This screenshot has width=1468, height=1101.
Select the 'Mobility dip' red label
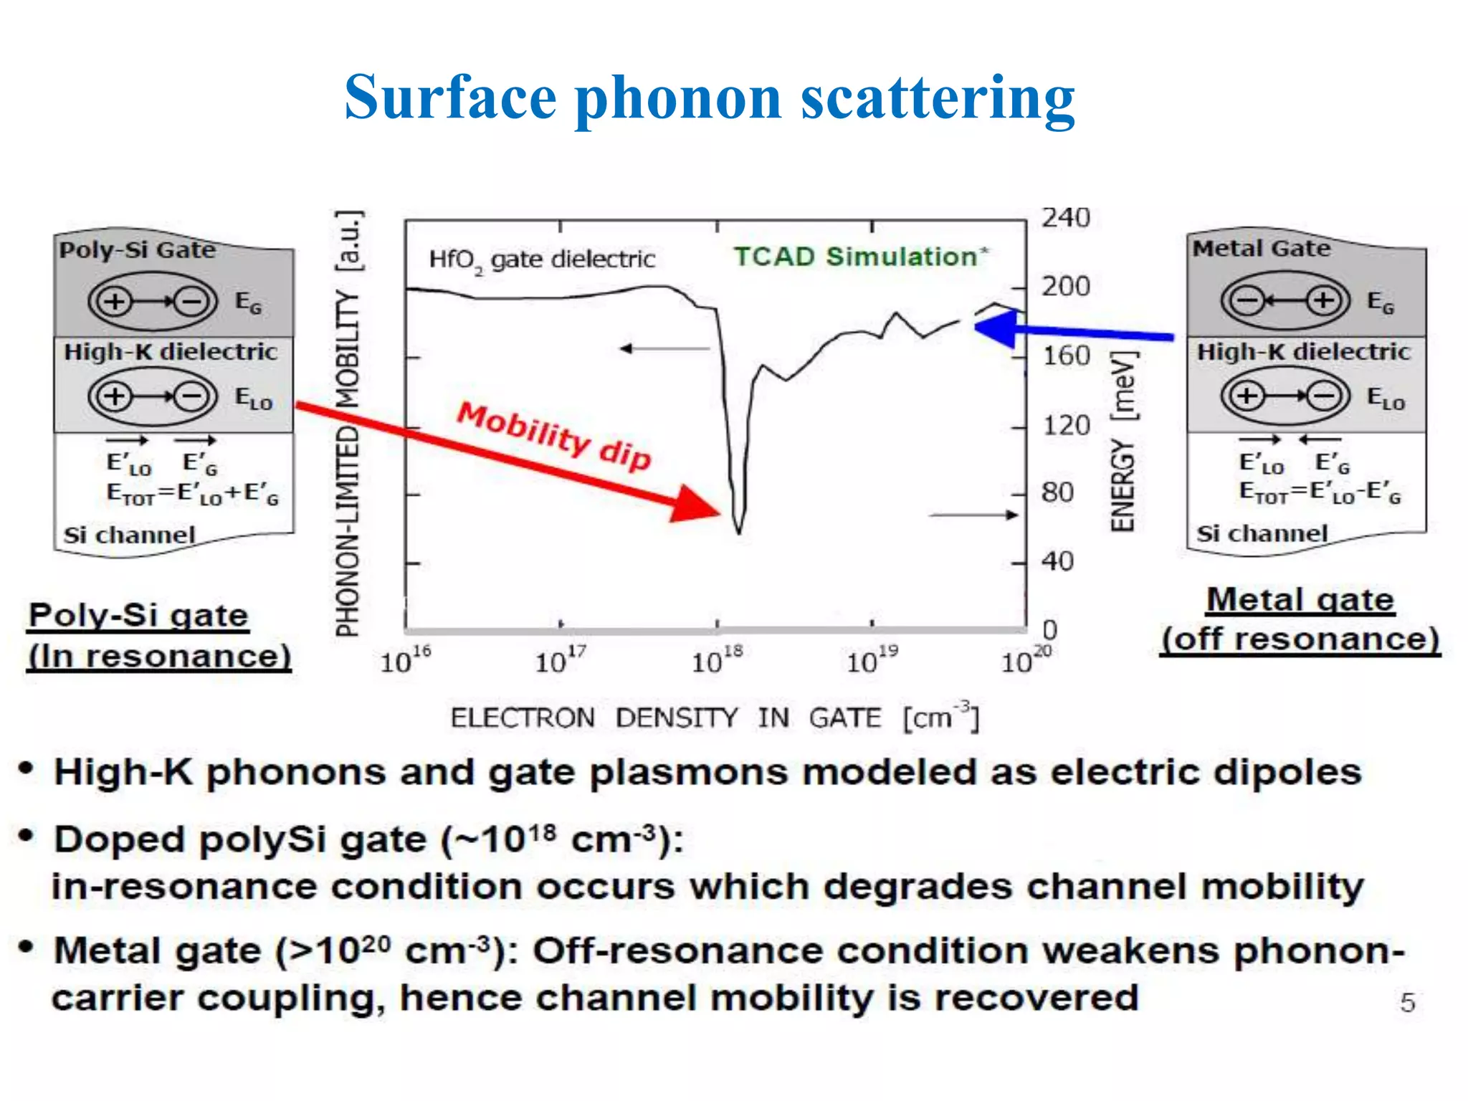[554, 436]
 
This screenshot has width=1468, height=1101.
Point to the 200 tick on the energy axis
[1065, 287]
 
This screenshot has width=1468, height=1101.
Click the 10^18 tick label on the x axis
[716, 659]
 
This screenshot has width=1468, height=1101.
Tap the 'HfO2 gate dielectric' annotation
[542, 259]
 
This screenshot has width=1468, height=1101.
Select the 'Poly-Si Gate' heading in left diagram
[137, 250]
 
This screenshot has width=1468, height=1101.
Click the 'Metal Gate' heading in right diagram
[1261, 249]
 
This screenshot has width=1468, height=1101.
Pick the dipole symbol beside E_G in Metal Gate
[1285, 300]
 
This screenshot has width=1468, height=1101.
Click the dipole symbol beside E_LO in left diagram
[153, 396]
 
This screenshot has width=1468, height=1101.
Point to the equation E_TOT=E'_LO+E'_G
[192, 494]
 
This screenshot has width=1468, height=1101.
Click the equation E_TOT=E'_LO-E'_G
[1320, 492]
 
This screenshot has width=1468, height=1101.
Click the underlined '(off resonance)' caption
[1300, 639]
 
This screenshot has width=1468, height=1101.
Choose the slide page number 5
[1407, 1002]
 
